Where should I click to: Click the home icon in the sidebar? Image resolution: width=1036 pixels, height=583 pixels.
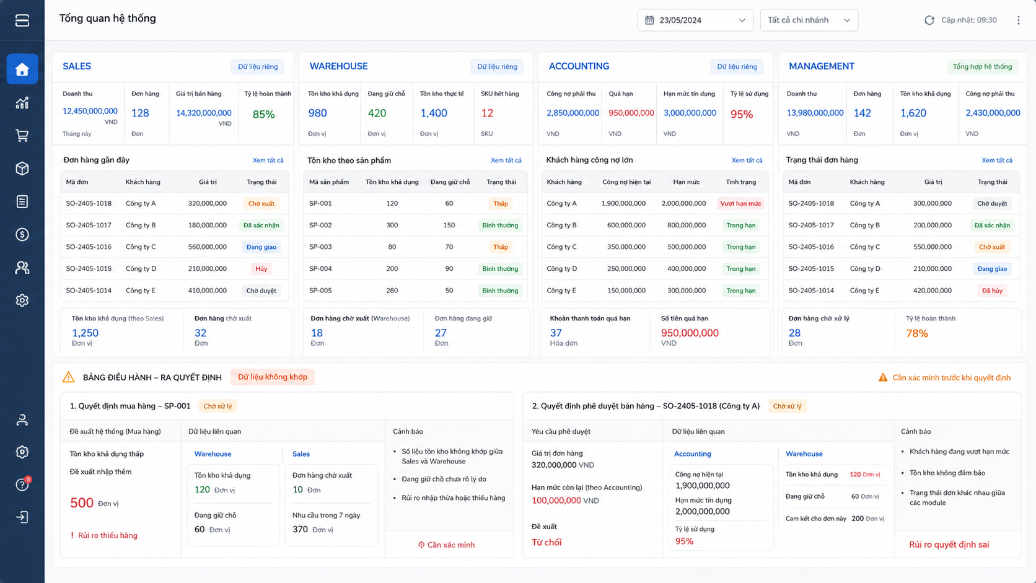point(22,69)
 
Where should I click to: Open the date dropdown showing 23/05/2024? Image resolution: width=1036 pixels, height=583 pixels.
point(695,20)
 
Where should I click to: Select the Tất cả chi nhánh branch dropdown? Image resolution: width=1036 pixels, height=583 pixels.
point(809,20)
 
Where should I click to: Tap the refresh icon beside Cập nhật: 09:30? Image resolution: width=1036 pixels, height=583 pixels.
point(929,20)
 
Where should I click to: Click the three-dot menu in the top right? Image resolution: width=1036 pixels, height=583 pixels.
point(1019,20)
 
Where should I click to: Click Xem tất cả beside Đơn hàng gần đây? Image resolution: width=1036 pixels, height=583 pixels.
point(268,160)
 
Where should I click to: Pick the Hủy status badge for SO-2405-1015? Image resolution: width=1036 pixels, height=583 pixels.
point(261,269)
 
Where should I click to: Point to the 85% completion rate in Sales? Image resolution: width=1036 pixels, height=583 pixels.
point(263,114)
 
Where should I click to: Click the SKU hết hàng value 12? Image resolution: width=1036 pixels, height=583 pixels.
point(487,113)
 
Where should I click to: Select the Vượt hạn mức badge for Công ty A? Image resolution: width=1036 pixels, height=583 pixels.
point(740,203)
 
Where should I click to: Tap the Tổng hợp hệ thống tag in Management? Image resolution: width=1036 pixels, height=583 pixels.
point(982,66)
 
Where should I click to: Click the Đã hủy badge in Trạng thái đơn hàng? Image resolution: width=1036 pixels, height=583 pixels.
point(992,291)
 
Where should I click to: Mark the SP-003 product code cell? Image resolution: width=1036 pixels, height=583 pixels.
point(320,247)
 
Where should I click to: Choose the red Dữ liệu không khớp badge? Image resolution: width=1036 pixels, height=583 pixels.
point(273,377)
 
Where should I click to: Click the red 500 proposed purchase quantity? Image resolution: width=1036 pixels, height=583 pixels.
point(82,503)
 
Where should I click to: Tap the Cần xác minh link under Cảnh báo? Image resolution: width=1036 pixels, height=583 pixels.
point(446,545)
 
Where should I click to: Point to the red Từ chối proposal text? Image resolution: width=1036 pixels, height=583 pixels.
point(547,542)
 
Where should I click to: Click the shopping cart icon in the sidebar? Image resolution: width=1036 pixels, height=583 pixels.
point(22,136)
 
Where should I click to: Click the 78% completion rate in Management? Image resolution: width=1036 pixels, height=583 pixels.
point(916,333)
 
